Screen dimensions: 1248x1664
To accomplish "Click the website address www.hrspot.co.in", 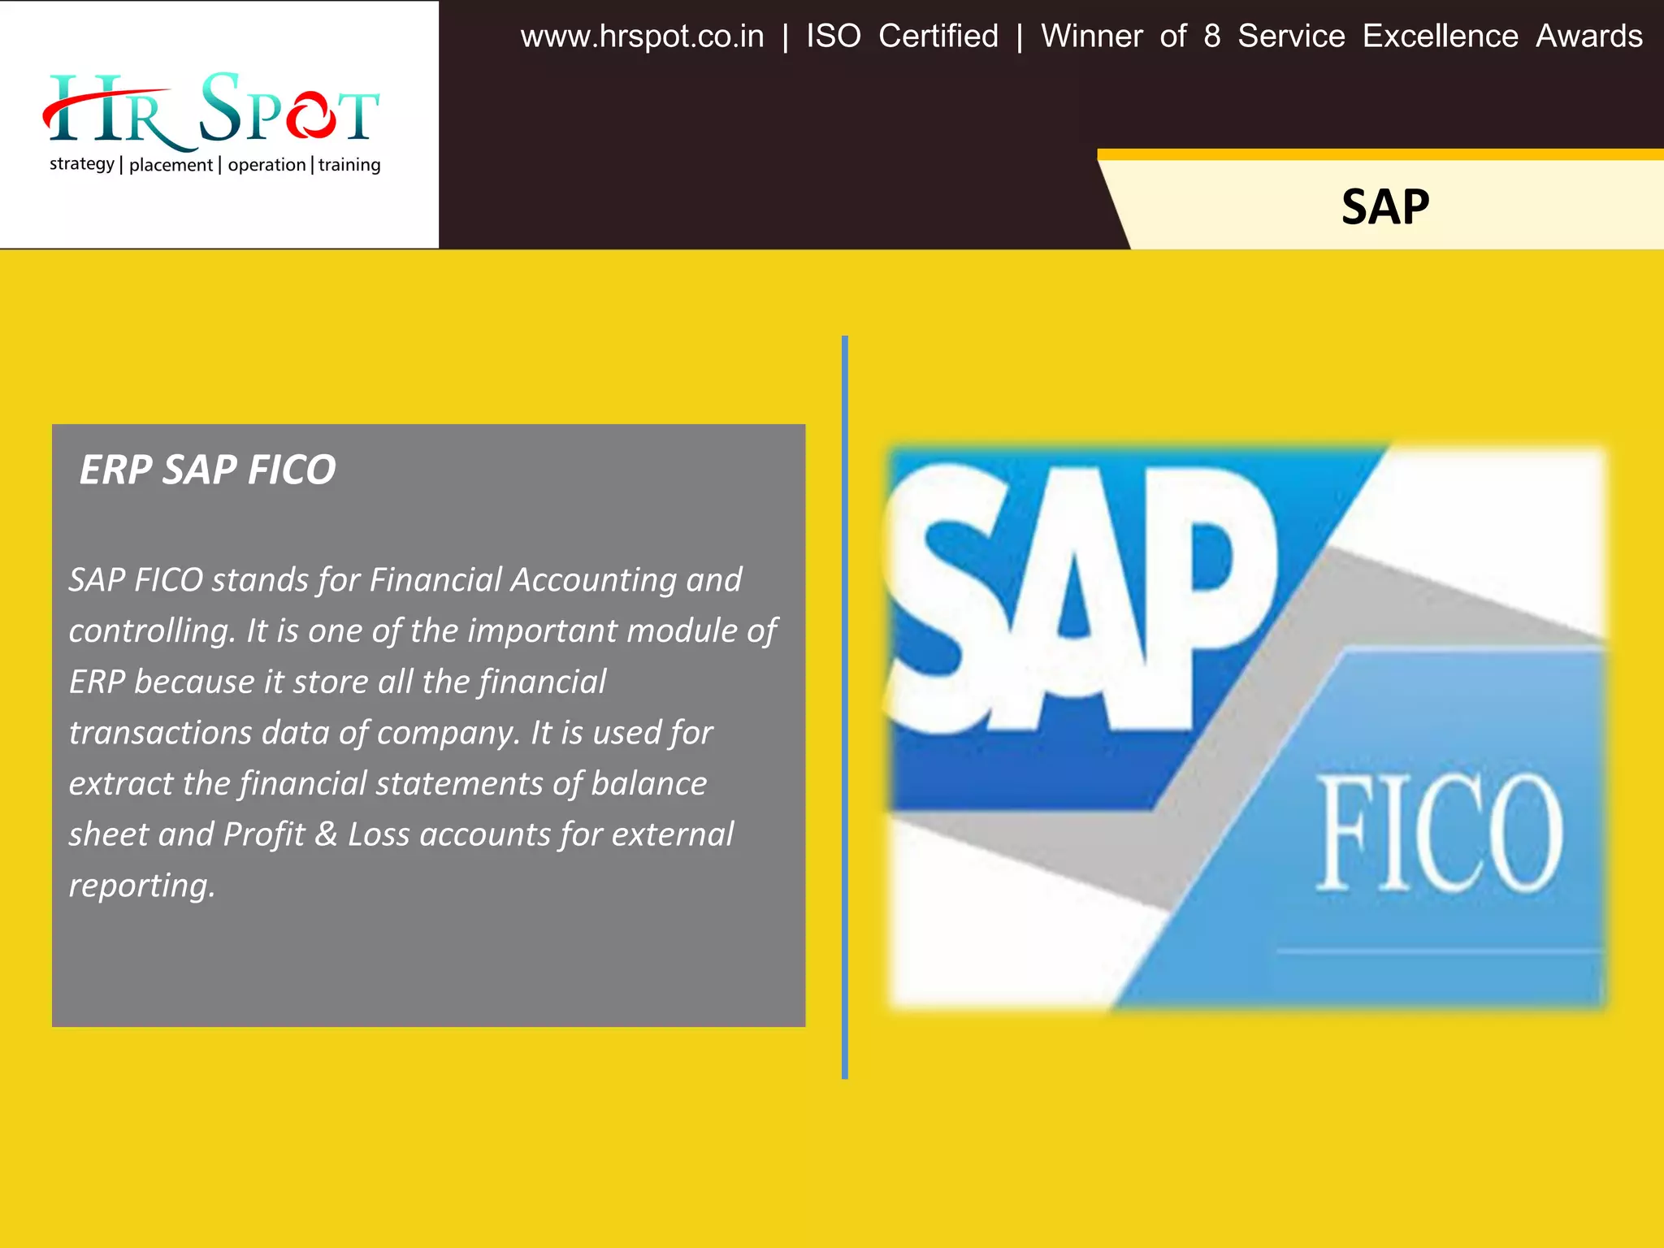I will pos(642,37).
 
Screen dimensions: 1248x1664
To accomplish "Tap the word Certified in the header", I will pos(938,37).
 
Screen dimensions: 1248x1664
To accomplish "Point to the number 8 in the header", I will pos(1211,37).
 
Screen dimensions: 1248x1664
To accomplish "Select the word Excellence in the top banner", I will pos(1440,37).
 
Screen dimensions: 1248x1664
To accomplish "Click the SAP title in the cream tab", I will pos(1384,207).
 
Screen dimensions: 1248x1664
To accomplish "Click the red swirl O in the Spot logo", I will pos(309,115).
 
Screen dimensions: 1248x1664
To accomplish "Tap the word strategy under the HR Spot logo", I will pos(82,164).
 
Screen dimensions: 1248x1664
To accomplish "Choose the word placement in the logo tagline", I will pos(171,165).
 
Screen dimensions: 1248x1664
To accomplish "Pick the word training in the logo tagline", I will pos(349,165).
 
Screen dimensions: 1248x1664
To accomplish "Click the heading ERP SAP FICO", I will pos(207,470).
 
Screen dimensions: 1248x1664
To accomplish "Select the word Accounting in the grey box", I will pos(593,580).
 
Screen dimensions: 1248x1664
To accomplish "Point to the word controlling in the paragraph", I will pos(153,631).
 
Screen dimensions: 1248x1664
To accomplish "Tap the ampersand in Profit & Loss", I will pos(326,834).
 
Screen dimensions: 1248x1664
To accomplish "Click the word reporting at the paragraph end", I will pos(142,886).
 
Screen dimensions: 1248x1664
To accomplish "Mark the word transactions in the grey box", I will pos(160,733).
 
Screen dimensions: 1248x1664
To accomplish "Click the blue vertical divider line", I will pos(845,707).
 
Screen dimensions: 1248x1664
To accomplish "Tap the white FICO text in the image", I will pos(1439,833).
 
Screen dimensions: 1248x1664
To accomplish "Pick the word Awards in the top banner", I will pos(1589,37).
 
